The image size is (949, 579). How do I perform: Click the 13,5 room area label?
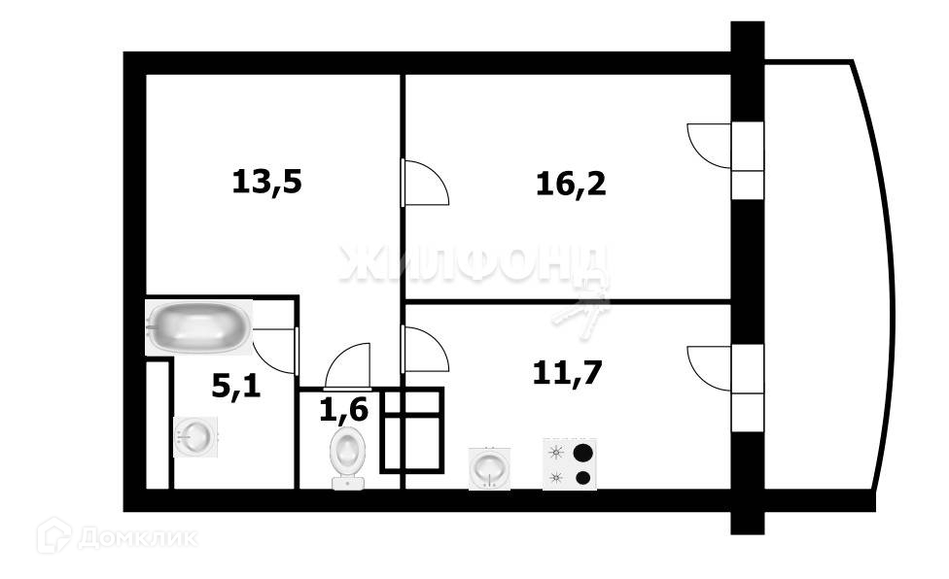coord(267,182)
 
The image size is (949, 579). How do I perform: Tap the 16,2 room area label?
coord(571,183)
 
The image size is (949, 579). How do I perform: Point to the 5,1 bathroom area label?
coord(236,388)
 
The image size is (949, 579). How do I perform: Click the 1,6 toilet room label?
coord(344,410)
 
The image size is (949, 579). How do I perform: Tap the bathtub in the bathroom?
coord(200,326)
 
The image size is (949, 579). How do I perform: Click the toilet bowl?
coord(348,457)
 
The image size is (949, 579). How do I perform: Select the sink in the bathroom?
coord(197,436)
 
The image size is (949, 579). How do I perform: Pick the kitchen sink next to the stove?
coord(489,468)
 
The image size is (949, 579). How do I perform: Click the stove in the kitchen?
coord(570,464)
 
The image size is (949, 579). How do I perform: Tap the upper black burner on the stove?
coord(583,452)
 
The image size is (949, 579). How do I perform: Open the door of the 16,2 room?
coord(424,182)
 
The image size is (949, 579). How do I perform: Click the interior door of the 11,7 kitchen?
coord(424,349)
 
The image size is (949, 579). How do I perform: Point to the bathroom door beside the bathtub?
coord(276,350)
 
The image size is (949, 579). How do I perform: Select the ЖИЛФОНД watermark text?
coord(474,262)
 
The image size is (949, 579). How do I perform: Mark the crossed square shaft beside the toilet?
coord(412,430)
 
